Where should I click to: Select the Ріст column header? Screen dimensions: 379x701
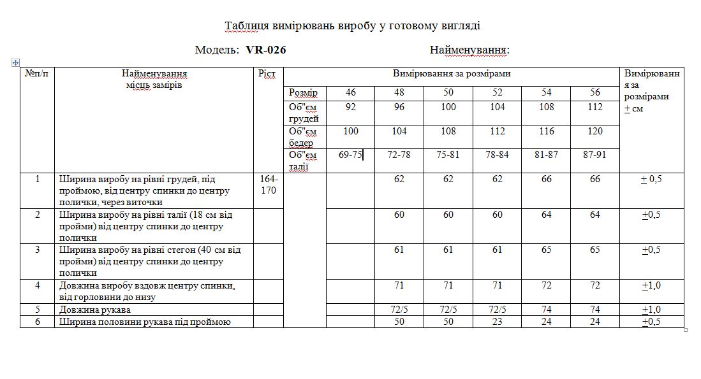pos(267,74)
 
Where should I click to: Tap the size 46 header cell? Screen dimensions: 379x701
pos(350,92)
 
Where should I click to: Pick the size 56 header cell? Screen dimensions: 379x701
pos(595,92)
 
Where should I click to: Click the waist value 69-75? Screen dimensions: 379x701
pos(350,155)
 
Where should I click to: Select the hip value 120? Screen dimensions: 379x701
pos(595,131)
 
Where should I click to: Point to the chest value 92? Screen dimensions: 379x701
pos(350,107)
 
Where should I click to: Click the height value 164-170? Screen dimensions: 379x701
pos(269,185)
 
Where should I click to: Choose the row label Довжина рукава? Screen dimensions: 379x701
pos(95,310)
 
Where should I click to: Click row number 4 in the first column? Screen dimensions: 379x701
pos(38,285)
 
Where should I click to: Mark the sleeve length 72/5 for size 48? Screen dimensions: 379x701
pos(399,310)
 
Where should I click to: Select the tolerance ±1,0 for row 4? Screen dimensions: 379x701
pos(651,285)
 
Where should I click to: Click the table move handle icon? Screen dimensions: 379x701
pos(15,62)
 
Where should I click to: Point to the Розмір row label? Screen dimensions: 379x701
pos(303,93)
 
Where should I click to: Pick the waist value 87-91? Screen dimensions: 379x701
pos(595,155)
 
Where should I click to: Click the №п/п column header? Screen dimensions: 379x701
pos(38,74)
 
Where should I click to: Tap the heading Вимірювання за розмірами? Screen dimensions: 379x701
pos(451,74)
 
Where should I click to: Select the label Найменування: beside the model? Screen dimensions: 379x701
pos(469,50)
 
